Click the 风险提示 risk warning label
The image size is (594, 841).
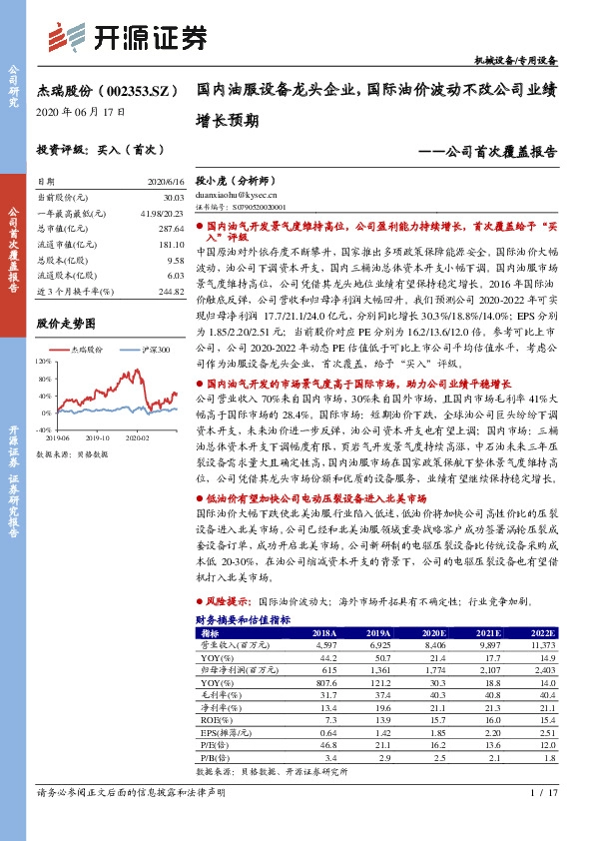[x=228, y=603]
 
